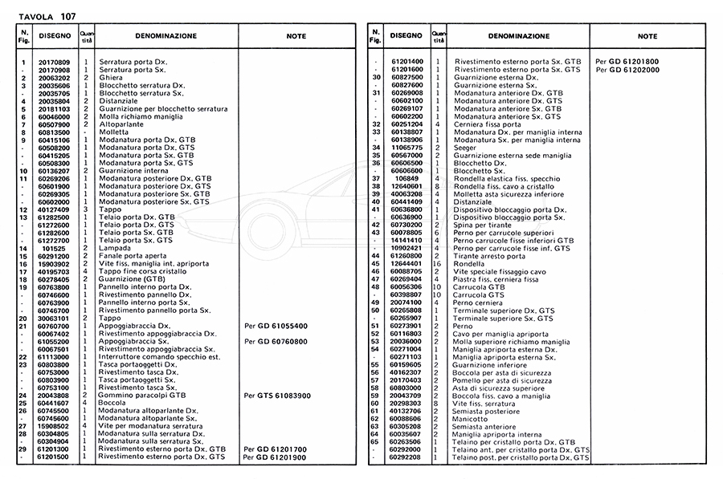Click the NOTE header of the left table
(x=296, y=37)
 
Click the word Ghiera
(x=109, y=78)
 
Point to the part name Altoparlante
(x=120, y=124)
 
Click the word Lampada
(x=113, y=249)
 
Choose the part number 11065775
(x=406, y=147)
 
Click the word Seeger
(x=466, y=147)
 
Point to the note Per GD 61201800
(x=627, y=62)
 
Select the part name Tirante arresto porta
(x=490, y=256)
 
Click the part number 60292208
(x=406, y=457)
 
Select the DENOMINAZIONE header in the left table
(x=165, y=37)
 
